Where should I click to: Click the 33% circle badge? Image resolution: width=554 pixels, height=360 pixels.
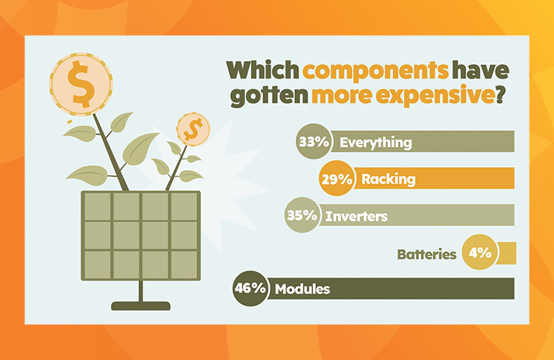[x=314, y=141]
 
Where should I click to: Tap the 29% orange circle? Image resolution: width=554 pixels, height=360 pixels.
[x=337, y=179]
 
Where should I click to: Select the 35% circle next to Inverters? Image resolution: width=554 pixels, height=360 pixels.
[x=302, y=215]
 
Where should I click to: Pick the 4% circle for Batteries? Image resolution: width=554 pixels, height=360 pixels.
[x=480, y=252]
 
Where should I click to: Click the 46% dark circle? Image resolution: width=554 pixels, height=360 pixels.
[x=251, y=289]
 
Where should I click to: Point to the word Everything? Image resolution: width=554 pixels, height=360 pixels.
[x=376, y=143]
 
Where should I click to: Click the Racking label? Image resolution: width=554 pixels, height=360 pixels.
[x=389, y=179]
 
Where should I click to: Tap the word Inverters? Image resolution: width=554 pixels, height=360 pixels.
[x=356, y=216]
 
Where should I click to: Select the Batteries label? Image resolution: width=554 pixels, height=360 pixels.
[x=427, y=254]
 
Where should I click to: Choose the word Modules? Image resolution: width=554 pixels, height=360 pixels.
[x=302, y=289]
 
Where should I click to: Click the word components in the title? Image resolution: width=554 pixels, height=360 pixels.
[x=376, y=71]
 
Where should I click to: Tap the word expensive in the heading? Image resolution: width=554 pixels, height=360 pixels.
[x=435, y=95]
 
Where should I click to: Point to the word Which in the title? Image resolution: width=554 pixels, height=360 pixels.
[x=263, y=70]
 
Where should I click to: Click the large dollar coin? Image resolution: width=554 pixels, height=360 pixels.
[x=81, y=84]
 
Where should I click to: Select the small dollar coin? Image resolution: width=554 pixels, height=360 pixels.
[x=194, y=130]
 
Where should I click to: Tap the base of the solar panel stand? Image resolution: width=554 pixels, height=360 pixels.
[x=140, y=306]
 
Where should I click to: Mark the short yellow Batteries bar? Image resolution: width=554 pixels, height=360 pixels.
[x=506, y=253]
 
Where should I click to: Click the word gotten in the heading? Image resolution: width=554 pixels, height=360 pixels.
[x=268, y=96]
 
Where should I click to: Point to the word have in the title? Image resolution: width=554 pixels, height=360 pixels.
[x=481, y=70]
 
